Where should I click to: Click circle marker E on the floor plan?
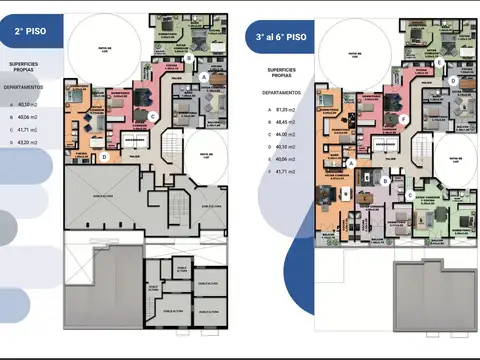coord(440,60)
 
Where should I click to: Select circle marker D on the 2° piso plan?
coord(104,156)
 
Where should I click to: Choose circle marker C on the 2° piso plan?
coord(152,116)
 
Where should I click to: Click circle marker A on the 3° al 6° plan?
coord(351,163)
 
